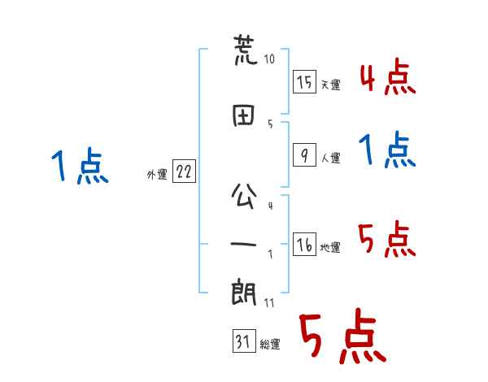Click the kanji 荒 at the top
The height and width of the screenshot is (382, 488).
coord(246,50)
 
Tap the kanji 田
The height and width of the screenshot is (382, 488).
coord(243,115)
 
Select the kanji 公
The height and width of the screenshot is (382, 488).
coord(244,195)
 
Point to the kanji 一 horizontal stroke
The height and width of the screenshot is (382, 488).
coord(243,244)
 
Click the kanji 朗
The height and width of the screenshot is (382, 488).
coord(244,292)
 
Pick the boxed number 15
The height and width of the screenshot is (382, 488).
coord(304,82)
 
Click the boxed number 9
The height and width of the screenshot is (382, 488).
coord(304,155)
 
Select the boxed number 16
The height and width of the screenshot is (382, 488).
coord(304,244)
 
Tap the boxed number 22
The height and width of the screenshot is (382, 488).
coord(184,171)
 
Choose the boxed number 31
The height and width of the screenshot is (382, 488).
coord(244,341)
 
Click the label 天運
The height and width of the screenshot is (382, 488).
coord(331,85)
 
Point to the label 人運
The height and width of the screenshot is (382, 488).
coord(331,158)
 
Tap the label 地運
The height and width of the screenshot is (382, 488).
coord(330,247)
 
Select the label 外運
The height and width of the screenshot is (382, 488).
coord(157,175)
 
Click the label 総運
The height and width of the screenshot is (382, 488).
coord(270,345)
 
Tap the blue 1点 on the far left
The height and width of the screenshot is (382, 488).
coord(80,166)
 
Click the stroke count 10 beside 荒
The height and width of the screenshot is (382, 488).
coord(269,59)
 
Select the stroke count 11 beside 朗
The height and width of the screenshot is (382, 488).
coord(269,303)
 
